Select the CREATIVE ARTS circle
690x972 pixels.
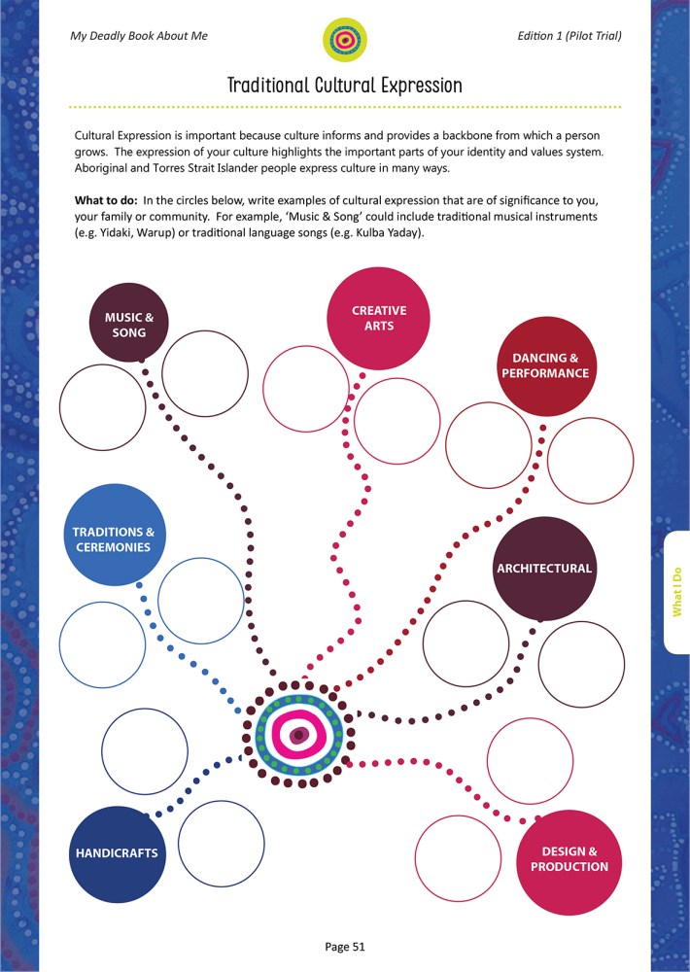(378, 318)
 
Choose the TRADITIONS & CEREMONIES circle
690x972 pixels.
(113, 538)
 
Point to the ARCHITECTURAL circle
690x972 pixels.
(543, 569)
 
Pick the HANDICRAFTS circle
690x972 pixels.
(117, 853)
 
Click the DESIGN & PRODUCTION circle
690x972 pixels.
(569, 857)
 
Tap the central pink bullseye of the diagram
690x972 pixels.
(300, 733)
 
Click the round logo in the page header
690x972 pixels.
(344, 40)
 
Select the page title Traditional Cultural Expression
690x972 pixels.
(344, 86)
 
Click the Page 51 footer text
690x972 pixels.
(344, 946)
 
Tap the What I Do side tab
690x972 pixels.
(677, 592)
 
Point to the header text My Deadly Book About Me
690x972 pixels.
(139, 36)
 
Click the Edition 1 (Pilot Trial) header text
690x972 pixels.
(569, 36)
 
